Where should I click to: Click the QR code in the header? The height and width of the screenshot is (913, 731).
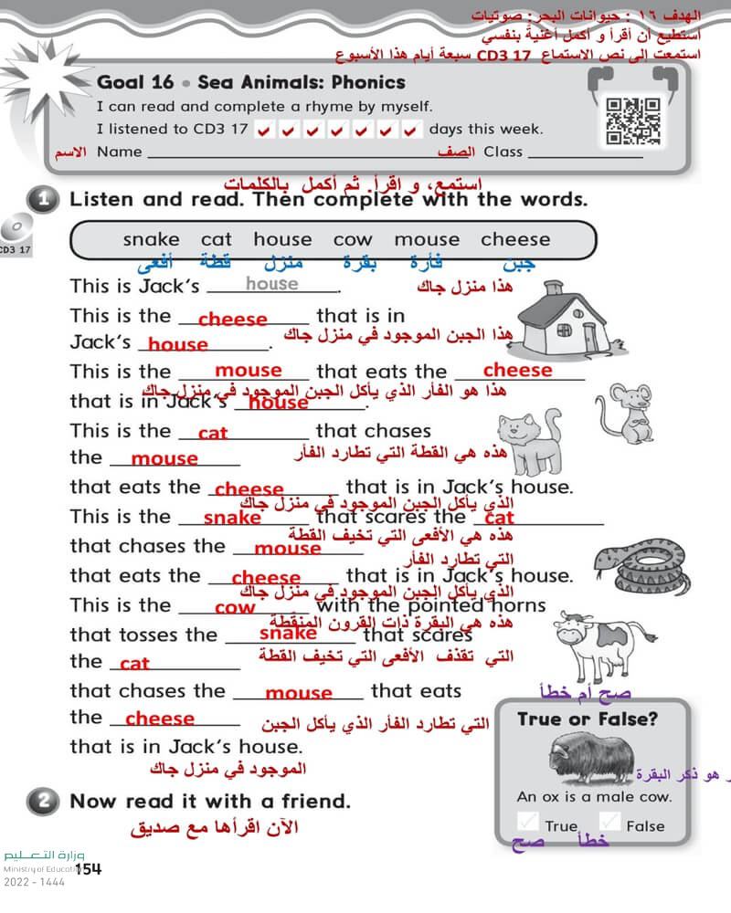point(633,121)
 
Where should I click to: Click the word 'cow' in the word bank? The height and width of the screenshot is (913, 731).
point(353,239)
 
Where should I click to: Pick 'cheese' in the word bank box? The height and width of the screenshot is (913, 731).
point(515,239)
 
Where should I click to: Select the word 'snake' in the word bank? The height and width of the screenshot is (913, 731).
point(152,239)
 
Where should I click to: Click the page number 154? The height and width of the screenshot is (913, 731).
point(89,868)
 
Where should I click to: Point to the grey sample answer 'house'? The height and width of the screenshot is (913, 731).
point(271,284)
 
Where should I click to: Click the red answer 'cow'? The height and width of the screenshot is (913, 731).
point(235,608)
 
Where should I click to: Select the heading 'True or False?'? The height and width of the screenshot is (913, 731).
point(587,719)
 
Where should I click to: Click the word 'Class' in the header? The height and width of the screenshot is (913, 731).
point(503,152)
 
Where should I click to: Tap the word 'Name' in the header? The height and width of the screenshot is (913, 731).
point(120,152)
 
